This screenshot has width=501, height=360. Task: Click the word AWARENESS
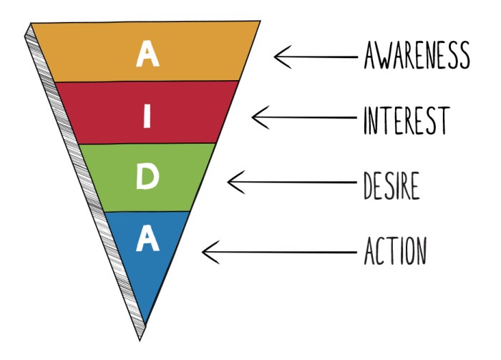417,56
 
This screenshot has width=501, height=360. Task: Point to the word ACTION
396,251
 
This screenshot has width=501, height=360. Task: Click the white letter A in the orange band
147,54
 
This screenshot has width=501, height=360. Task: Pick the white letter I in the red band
147,116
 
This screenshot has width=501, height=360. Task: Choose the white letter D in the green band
147,177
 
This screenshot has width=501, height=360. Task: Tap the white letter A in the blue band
147,240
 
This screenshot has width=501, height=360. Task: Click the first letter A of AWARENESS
371,56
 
